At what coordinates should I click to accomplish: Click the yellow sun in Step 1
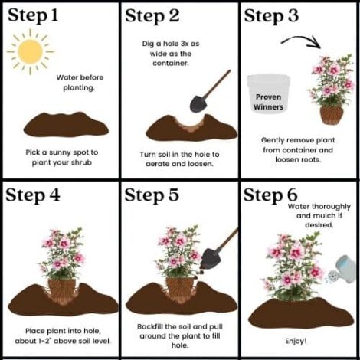click(31, 51)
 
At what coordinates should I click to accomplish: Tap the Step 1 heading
click(33, 16)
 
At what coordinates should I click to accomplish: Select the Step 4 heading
click(33, 195)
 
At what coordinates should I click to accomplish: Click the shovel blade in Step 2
click(198, 104)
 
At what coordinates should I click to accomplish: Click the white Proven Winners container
click(268, 93)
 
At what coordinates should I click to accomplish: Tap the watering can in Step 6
click(342, 270)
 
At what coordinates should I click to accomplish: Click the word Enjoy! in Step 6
click(296, 341)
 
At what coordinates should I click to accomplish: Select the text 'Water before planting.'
click(80, 83)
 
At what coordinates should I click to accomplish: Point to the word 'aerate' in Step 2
click(158, 164)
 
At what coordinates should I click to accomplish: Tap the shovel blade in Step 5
click(211, 259)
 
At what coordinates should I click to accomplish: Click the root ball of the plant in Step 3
click(332, 115)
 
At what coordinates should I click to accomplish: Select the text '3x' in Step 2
click(185, 44)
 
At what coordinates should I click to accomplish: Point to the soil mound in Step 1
click(66, 125)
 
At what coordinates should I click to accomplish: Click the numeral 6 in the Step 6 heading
click(291, 195)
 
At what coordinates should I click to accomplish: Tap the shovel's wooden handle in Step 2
click(218, 83)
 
